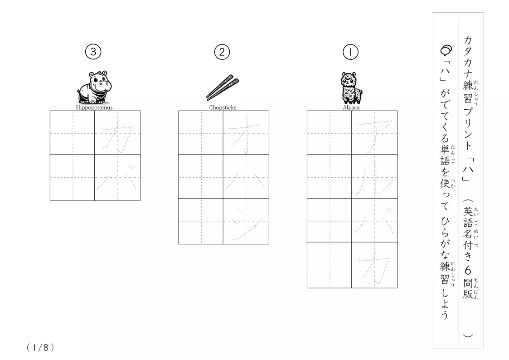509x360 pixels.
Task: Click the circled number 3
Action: pyautogui.click(x=93, y=52)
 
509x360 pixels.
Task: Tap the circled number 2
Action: pyautogui.click(x=222, y=52)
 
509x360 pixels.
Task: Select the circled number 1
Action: pyautogui.click(x=350, y=52)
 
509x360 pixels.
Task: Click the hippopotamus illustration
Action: pyautogui.click(x=94, y=88)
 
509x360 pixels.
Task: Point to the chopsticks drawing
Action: pyautogui.click(x=223, y=88)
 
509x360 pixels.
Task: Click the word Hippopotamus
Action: pyautogui.click(x=94, y=107)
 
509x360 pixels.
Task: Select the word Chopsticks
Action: pyautogui.click(x=223, y=107)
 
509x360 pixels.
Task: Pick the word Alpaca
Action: pyautogui.click(x=351, y=107)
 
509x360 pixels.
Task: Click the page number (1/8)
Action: pyautogui.click(x=40, y=348)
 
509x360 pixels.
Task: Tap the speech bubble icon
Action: pyautogui.click(x=446, y=50)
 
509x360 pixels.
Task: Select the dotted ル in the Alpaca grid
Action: pyautogui.click(x=374, y=179)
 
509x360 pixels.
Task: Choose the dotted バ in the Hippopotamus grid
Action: pyautogui.click(x=117, y=177)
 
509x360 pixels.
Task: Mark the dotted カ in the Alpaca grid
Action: pyautogui.click(x=374, y=269)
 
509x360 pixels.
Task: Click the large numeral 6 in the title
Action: pyautogui.click(x=468, y=270)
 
